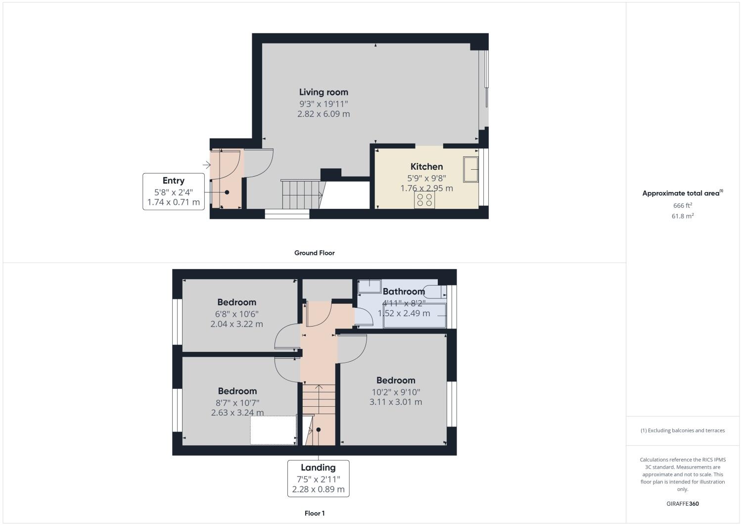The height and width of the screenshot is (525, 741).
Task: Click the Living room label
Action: (324, 92)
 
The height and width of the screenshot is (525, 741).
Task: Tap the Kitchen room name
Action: (426, 167)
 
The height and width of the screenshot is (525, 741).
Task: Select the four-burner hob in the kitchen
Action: (424, 199)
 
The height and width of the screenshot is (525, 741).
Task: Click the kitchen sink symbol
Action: (470, 169)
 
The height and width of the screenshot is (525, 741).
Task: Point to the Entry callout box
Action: (174, 191)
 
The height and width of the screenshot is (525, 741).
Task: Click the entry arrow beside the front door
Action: (206, 165)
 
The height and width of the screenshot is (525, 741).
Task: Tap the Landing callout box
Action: (318, 478)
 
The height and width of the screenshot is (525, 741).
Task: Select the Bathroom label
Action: (404, 291)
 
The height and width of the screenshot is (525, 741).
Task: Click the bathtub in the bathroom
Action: (415, 316)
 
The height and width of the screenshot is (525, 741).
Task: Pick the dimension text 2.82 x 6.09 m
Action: (324, 114)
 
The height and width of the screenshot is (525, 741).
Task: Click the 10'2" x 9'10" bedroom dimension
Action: (396, 392)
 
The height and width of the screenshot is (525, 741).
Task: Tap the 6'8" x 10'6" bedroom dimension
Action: (236, 314)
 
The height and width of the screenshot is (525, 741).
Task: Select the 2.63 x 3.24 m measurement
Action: (237, 413)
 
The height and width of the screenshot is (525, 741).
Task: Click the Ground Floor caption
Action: (315, 253)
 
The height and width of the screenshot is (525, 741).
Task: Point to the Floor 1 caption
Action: (315, 513)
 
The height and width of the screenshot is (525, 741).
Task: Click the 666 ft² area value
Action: (682, 205)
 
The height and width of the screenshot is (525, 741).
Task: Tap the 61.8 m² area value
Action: (682, 216)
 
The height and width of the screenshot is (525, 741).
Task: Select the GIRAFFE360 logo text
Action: (683, 504)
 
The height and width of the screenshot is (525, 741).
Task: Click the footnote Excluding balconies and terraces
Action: (683, 430)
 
